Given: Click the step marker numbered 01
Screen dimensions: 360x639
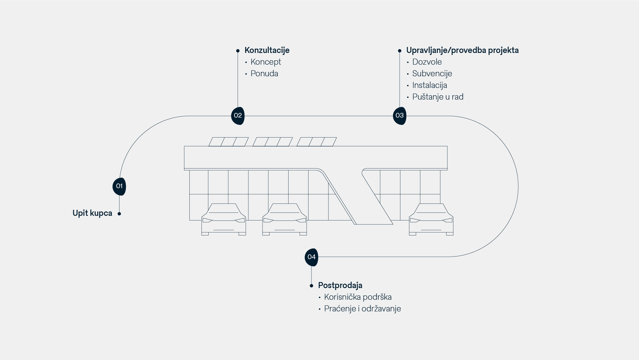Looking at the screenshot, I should pos(119,186).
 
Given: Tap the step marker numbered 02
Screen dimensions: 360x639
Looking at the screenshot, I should pos(238,116).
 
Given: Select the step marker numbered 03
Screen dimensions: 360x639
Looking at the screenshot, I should pos(399,116).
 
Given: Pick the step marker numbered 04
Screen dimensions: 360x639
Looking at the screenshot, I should pos(311,257).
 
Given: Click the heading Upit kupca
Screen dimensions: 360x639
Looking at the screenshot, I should pos(92,213).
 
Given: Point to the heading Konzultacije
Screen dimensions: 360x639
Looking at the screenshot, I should pos(267,50).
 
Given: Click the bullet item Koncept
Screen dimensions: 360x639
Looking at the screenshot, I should pos(266,62).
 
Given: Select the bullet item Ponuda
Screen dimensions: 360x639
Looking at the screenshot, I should pos(264,74).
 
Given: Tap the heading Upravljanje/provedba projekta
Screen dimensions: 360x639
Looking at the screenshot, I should pos(462,50).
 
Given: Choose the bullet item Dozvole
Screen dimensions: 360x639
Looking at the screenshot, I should pos(427,62).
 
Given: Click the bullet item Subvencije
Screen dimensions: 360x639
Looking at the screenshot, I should pos(432,74).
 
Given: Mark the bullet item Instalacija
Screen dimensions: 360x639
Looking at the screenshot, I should pos(429,85).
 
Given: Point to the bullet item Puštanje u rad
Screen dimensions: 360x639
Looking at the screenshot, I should pos(438,97).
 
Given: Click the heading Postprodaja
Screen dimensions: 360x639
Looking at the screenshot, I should pos(340,285).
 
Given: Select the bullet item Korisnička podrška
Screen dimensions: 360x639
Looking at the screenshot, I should pos(358,297).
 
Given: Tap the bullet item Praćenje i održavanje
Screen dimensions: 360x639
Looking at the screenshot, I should pos(362,309).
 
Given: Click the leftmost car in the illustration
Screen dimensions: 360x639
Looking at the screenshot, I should pos(224,220).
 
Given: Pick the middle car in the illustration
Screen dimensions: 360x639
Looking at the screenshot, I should pos(285,220).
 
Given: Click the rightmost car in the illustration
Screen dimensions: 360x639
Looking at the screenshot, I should pos(431,220).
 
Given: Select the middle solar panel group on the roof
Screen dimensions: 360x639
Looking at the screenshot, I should pos(273,142).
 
